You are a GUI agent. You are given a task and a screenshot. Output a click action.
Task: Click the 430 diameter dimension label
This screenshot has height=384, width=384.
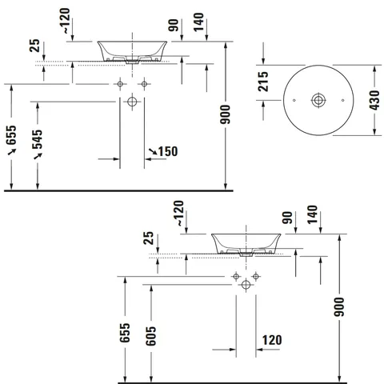click(374, 100)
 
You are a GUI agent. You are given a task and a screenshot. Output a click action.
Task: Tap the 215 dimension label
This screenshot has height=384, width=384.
click(263, 82)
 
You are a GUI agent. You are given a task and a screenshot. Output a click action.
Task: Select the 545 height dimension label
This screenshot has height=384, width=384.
click(38, 139)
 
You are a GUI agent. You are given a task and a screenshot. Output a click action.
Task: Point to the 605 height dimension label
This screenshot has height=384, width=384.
click(150, 336)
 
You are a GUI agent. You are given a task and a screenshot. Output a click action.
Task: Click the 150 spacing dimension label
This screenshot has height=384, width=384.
click(168, 151)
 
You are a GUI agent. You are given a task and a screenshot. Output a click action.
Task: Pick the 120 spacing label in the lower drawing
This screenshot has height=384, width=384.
click(272, 340)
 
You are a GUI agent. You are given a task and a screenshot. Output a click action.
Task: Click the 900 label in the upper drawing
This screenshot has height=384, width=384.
click(225, 114)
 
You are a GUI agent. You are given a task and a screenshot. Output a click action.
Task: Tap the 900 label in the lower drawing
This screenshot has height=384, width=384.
click(339, 307)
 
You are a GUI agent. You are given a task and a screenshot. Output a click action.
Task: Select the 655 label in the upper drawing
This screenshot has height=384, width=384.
click(11, 135)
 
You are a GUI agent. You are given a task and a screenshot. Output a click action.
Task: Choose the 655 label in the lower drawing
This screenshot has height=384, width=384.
click(125, 333)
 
